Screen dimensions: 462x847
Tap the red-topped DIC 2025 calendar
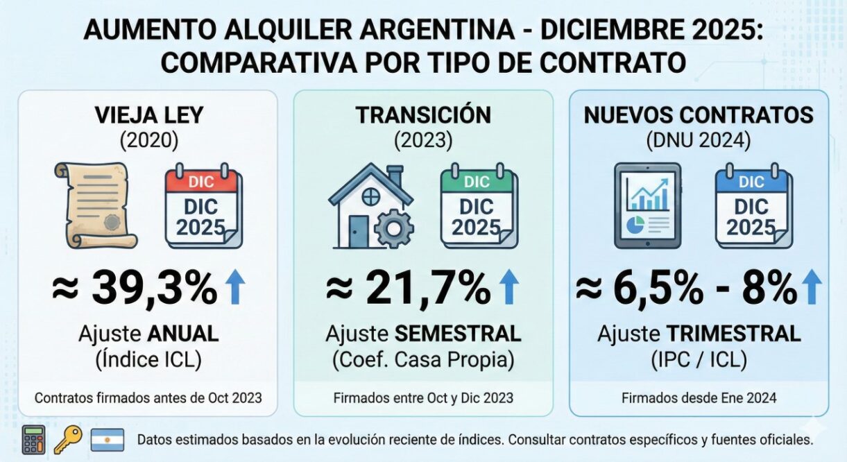tap(203, 206)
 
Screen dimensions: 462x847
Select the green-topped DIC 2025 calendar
tap(477, 206)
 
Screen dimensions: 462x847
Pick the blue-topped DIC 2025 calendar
tap(753, 206)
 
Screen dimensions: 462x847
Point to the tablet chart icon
tap(647, 206)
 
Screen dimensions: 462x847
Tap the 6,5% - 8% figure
tap(687, 288)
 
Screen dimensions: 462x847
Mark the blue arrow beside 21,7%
tap(509, 288)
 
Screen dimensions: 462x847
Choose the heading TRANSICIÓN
tap(423, 115)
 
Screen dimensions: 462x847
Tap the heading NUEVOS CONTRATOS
tap(699, 115)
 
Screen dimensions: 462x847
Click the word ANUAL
tap(182, 334)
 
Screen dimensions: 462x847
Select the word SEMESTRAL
tap(458, 334)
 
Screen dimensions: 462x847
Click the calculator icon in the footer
tap(33, 440)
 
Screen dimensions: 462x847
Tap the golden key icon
tap(69, 439)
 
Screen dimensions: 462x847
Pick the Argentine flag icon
tap(108, 440)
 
